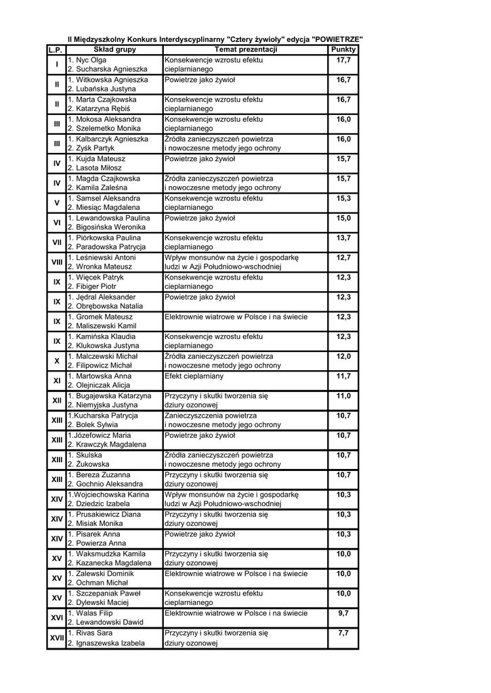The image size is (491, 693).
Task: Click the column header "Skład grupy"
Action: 114,50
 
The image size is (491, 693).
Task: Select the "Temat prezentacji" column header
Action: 245,50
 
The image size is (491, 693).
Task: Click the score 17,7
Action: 343,60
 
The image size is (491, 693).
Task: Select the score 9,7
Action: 343,613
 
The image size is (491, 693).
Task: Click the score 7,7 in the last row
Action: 343,633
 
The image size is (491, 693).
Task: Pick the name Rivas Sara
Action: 94,633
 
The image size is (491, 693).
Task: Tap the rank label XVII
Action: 57,638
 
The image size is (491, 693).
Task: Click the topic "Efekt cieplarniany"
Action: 194,376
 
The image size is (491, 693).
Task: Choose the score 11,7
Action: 343,376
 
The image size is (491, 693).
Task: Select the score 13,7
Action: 343,238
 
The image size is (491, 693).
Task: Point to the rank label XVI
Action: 57,618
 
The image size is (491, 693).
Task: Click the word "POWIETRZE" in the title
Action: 337,39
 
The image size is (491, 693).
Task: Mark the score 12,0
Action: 343,357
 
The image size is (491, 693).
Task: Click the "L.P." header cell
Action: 56,50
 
